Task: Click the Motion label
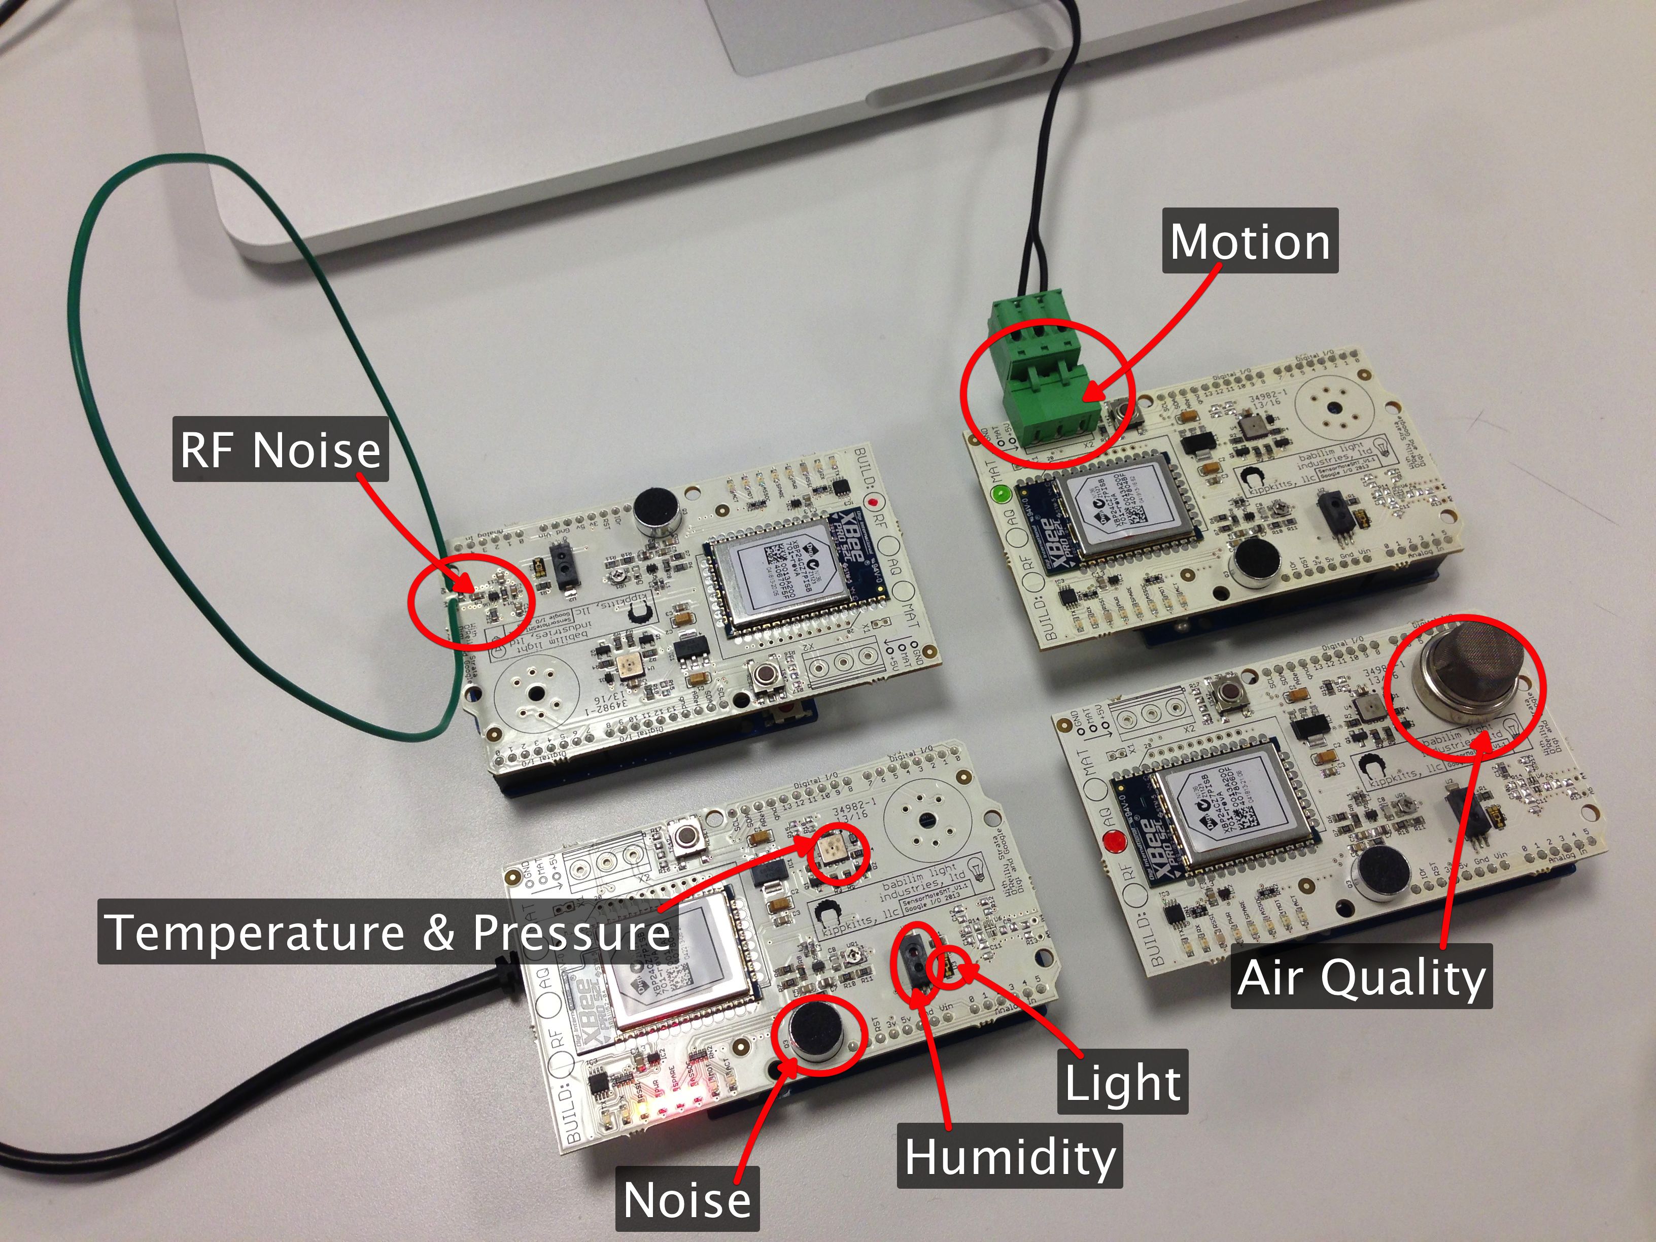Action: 1250,241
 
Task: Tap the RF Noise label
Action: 280,449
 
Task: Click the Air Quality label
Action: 1361,977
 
